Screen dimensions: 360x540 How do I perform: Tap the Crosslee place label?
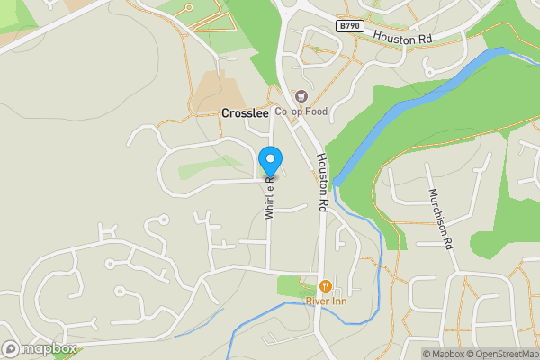tap(244, 114)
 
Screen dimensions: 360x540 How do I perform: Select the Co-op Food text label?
tap(301, 112)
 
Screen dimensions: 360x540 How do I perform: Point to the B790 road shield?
tap(351, 27)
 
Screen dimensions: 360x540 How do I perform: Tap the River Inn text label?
tap(326, 301)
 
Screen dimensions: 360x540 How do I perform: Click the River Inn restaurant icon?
tap(326, 286)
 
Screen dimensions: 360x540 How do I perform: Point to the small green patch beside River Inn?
tap(290, 286)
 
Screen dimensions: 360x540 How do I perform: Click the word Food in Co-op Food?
tap(315, 112)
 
